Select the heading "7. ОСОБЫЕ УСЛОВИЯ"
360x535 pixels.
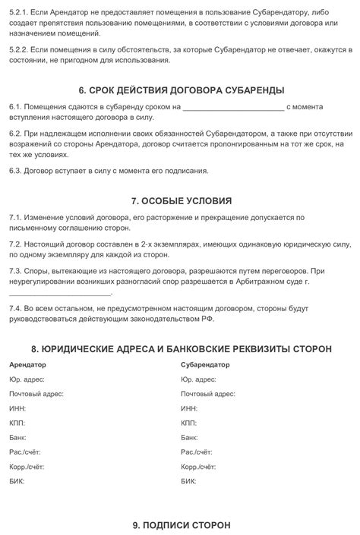coord(181,201)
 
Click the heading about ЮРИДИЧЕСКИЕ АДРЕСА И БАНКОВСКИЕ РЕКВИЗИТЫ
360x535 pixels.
coord(181,349)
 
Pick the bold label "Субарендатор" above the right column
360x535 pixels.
coord(206,365)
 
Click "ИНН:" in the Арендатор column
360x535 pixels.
coord(18,408)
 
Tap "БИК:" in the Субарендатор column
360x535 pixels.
coord(189,482)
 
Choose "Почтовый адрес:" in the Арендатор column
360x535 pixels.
coord(36,394)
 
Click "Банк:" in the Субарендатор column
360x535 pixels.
coord(190,438)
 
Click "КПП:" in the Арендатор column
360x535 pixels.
coord(18,423)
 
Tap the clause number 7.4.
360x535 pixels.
coord(15,310)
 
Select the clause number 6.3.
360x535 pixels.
coord(15,171)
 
